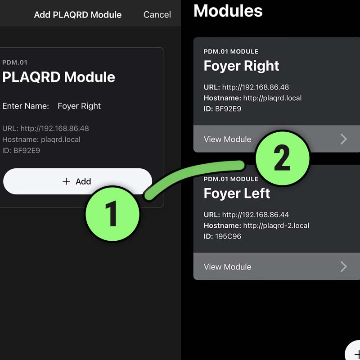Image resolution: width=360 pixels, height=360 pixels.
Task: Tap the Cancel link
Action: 157,15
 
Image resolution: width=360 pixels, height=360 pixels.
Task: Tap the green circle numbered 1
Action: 112,213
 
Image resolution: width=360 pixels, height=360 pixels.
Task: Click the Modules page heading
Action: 228,11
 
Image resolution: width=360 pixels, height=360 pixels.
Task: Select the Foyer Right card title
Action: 241,66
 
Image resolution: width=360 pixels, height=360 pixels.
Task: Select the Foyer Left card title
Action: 237,193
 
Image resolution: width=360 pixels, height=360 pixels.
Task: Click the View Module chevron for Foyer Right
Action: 343,139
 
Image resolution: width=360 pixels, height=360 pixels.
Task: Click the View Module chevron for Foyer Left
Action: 343,266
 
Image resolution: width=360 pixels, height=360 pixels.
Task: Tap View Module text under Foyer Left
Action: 227,267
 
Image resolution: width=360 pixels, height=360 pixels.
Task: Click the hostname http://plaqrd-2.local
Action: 276,225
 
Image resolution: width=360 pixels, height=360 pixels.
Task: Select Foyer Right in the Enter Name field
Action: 79,106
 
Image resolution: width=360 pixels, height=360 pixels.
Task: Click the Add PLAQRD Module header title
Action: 77,15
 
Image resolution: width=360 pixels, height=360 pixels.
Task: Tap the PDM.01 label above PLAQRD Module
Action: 15,63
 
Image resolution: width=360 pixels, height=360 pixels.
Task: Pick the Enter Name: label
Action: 26,106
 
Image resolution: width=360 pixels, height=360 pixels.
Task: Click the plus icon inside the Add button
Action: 66,181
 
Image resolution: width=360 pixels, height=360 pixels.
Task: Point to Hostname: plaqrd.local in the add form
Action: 41,139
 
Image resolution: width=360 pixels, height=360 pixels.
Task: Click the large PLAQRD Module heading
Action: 58,77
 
